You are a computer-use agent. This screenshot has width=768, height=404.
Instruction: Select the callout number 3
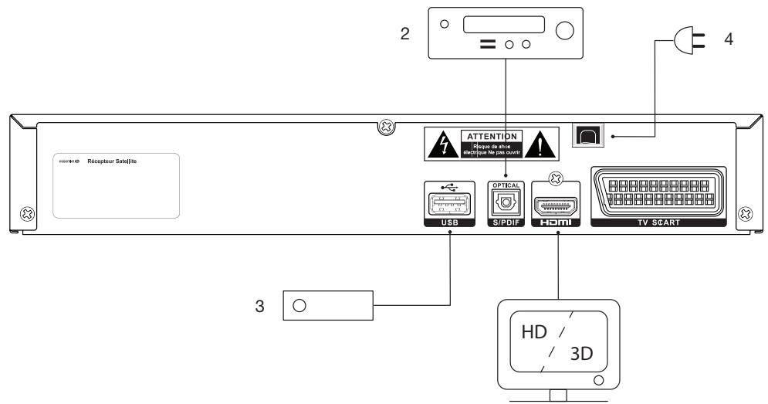pos(261,306)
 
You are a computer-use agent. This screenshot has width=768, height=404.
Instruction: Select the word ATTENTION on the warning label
pos(492,136)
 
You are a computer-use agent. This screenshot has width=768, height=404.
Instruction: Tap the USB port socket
pos(447,206)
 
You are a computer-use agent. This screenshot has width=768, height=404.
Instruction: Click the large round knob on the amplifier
pos(565,31)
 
